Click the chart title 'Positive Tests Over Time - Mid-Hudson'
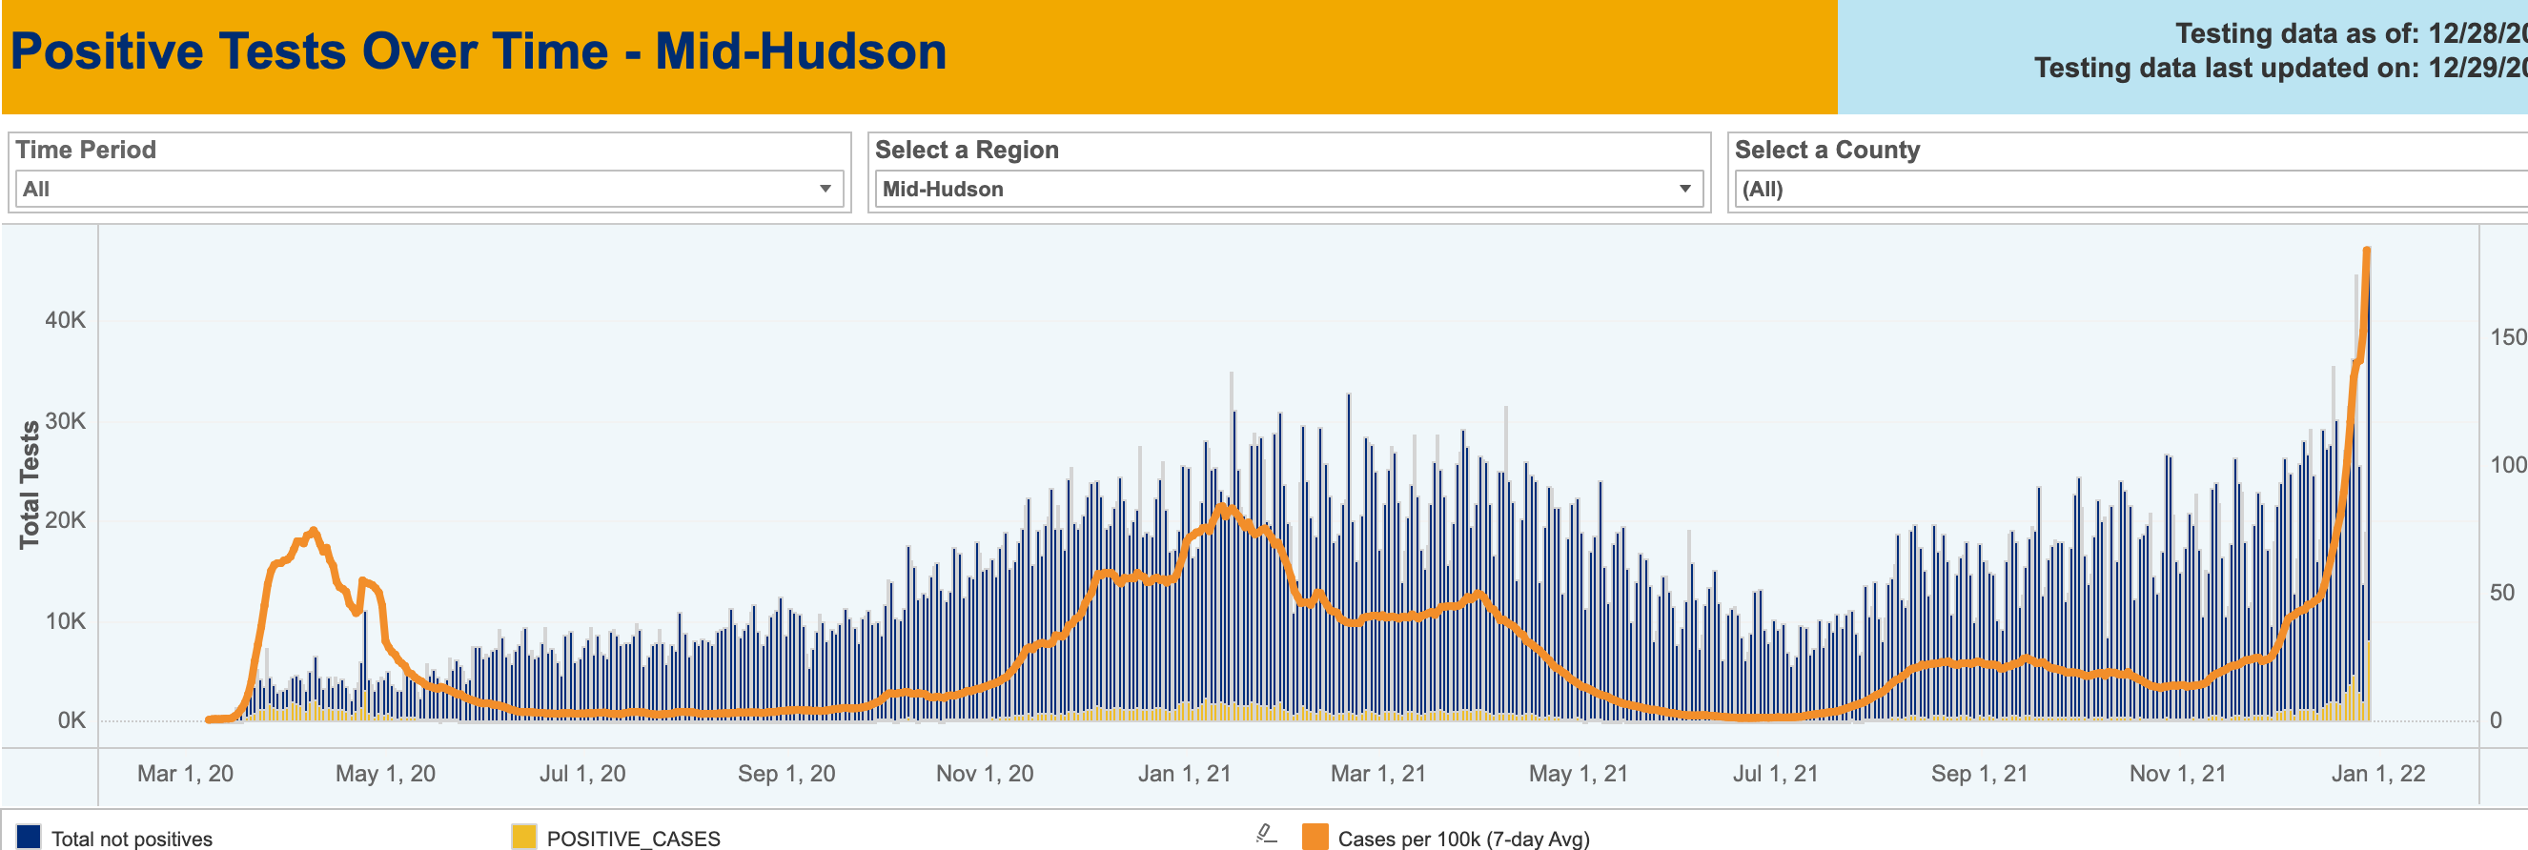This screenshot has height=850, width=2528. [x=478, y=52]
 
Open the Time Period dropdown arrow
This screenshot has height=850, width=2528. [x=826, y=189]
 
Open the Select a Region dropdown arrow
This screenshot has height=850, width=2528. [x=1684, y=189]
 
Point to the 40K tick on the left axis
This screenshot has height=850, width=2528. [x=66, y=320]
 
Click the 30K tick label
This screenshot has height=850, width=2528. [x=66, y=421]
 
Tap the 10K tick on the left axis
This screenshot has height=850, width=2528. [x=66, y=621]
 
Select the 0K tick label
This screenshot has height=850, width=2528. [x=71, y=720]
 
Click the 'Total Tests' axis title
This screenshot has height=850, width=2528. [x=30, y=485]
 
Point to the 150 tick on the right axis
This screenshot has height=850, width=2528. [x=2507, y=337]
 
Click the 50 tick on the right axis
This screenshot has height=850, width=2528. [x=2501, y=593]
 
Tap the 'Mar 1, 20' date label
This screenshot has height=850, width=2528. [x=186, y=774]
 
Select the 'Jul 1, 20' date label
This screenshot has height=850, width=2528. [x=581, y=774]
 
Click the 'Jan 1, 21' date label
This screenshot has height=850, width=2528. [x=1184, y=774]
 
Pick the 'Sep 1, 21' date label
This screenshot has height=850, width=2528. [x=1978, y=774]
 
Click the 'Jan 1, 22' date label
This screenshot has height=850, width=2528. [x=2376, y=774]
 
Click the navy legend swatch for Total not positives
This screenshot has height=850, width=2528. [x=29, y=838]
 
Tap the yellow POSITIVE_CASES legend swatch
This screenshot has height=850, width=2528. [x=524, y=838]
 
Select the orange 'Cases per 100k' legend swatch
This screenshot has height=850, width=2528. [x=1315, y=838]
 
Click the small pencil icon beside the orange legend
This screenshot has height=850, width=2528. [x=1266, y=835]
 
